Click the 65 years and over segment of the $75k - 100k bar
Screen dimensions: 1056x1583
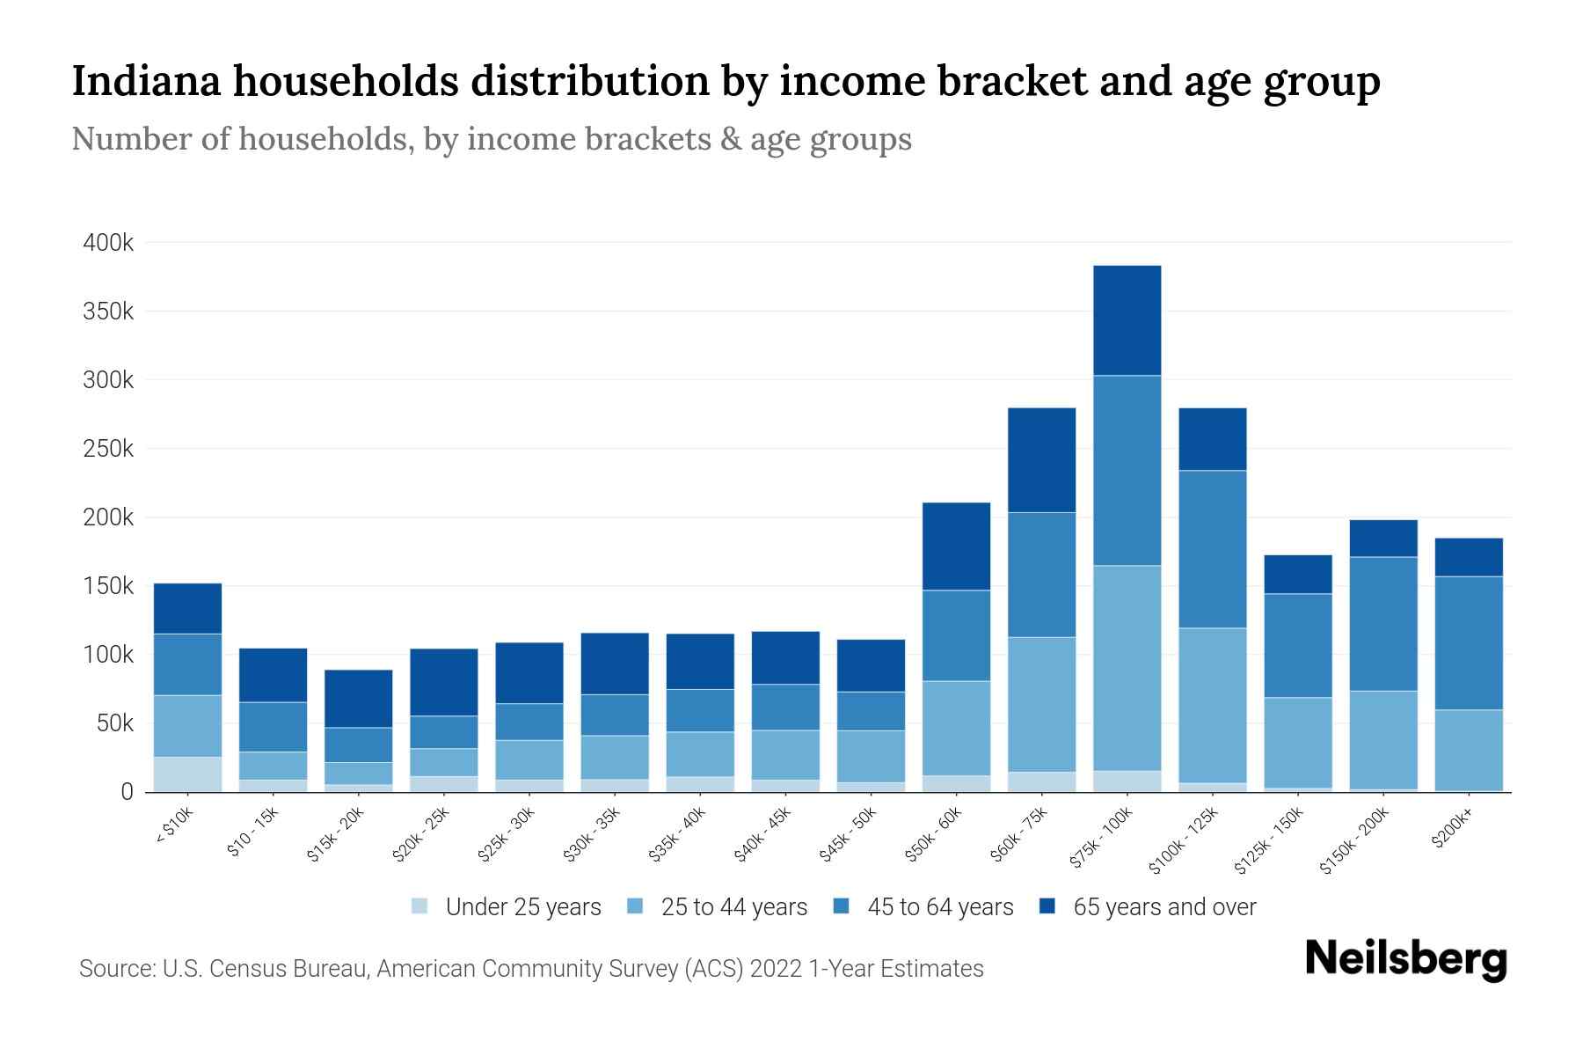pos(1127,320)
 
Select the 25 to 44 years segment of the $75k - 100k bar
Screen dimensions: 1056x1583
pos(1127,668)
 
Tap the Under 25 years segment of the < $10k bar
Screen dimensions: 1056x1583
pos(187,774)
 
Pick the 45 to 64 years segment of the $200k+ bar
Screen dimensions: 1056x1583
pos(1469,643)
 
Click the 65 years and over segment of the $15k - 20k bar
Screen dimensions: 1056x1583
pos(358,699)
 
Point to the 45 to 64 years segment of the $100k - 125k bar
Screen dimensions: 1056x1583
pos(1212,549)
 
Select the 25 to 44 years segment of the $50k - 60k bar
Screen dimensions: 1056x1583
pos(956,729)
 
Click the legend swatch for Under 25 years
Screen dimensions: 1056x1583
pos(419,906)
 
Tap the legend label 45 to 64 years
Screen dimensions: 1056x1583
pos(940,907)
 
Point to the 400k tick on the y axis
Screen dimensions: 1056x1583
pos(108,243)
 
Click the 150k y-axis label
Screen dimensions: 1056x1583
pos(108,586)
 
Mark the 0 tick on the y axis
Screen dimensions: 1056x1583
pos(127,793)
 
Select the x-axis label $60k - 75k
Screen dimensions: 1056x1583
pos(1020,834)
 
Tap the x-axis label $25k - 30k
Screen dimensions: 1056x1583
pos(507,834)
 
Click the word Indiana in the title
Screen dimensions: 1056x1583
pos(143,81)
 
